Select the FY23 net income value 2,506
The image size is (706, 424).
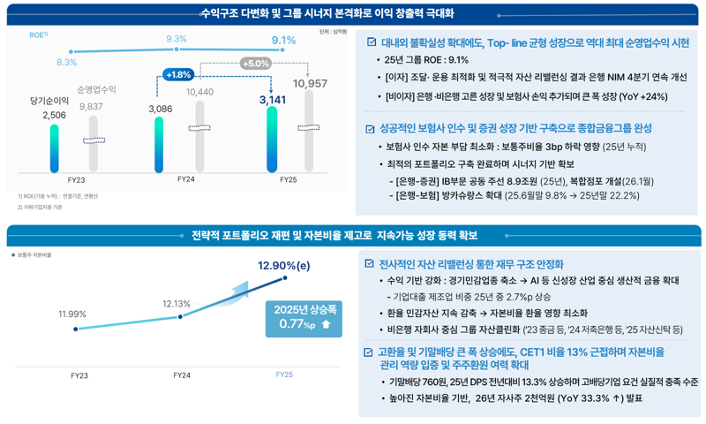coord(54,115)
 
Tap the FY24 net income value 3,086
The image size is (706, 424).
coord(161,108)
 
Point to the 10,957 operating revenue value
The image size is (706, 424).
coord(310,83)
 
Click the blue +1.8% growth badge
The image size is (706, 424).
coord(178,75)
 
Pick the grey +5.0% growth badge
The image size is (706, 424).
coord(255,64)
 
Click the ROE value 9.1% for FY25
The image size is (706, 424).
coord(283,40)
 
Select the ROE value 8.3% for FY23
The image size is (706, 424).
coord(66,62)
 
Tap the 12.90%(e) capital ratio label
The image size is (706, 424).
coord(284,264)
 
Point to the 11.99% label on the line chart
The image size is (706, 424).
coord(72,314)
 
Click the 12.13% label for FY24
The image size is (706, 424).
coord(176,304)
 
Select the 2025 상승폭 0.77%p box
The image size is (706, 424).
coord(304,318)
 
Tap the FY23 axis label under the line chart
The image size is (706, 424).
coord(79,375)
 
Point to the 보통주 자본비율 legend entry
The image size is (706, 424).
coord(33,254)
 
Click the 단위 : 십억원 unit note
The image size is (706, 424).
coord(333,32)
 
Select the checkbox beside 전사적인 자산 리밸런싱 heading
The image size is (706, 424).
coord(371,264)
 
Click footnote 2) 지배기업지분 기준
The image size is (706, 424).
coord(41,207)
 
